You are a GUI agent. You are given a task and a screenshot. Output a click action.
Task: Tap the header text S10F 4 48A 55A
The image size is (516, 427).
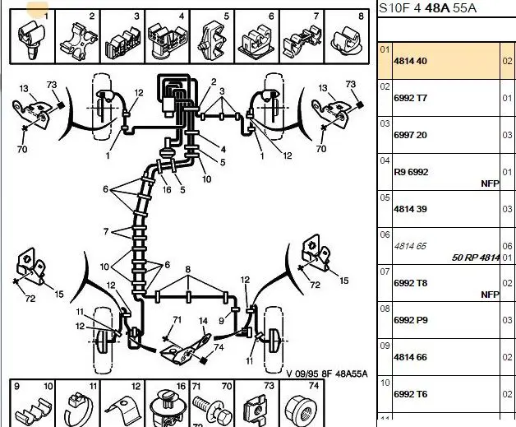[426, 8]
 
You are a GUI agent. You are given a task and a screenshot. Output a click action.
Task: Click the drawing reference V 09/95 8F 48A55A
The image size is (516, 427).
[327, 374]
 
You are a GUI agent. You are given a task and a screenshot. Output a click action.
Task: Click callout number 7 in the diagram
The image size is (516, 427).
[105, 232]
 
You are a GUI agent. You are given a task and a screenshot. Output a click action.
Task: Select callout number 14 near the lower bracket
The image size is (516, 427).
[203, 320]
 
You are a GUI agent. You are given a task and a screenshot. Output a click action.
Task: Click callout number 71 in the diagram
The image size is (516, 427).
[176, 319]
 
